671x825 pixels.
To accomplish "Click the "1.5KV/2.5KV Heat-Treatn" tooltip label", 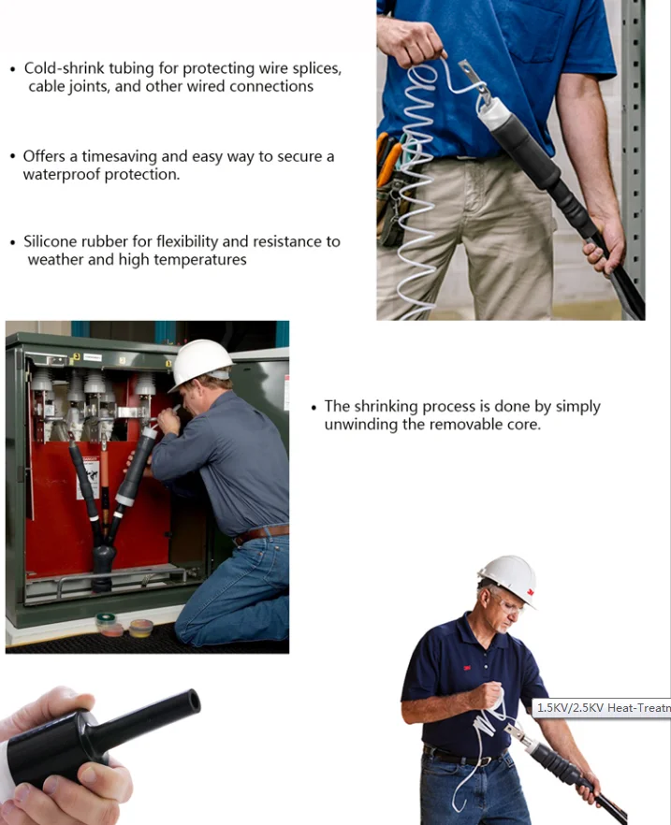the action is pyautogui.click(x=602, y=708).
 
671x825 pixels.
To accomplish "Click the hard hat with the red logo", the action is pyautogui.click(x=508, y=580).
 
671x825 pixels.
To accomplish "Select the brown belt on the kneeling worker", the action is pyautogui.click(x=261, y=533).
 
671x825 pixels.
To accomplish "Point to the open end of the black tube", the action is pyautogui.click(x=194, y=702).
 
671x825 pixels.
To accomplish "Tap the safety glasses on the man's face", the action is pyautogui.click(x=508, y=605).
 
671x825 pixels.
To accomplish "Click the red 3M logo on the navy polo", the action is pyautogui.click(x=466, y=668).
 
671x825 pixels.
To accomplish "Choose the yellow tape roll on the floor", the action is pyautogui.click(x=141, y=628).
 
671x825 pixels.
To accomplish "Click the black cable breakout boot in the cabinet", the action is pyautogui.click(x=103, y=566).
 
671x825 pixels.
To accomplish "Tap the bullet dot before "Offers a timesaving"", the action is pyautogui.click(x=13, y=157).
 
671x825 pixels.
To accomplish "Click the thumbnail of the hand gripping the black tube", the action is pyautogui.click(x=100, y=756).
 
